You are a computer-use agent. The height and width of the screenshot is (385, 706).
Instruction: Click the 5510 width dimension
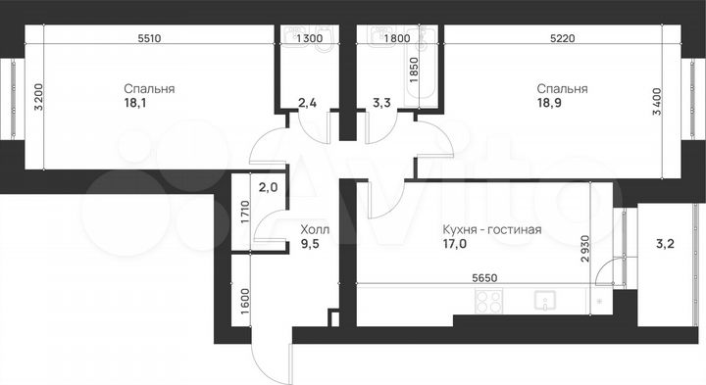[149, 39]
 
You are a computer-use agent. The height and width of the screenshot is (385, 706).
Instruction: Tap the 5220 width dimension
[560, 39]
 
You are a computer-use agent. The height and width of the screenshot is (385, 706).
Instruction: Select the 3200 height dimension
[38, 99]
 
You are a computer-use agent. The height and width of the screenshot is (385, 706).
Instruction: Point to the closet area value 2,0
[266, 187]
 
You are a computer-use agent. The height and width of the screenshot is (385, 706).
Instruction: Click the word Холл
[315, 231]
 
